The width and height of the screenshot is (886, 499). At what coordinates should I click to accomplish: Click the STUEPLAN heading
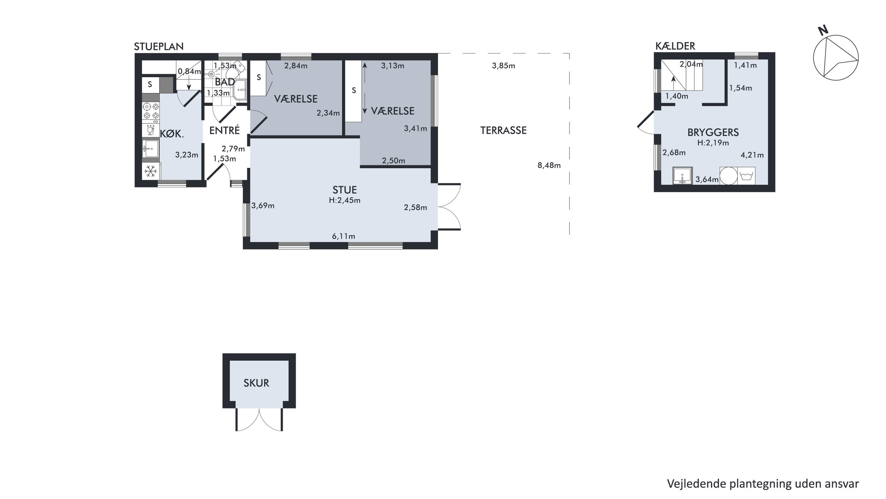point(159,46)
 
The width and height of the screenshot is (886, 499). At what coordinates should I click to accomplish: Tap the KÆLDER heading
point(675,46)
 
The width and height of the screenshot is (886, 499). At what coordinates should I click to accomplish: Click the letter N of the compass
point(823,31)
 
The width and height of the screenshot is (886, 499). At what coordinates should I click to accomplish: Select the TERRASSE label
point(504,130)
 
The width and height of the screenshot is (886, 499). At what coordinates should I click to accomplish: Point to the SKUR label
point(256,383)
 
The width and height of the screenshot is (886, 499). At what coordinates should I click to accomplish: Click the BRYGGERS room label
point(713,132)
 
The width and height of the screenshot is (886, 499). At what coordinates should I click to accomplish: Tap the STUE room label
point(345,190)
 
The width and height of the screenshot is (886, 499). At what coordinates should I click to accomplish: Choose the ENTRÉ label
point(224,130)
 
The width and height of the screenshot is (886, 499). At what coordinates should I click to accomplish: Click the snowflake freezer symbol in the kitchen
point(151,171)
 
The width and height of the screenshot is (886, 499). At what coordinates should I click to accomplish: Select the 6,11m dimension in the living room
point(343,236)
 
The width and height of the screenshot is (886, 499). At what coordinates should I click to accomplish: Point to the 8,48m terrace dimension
point(549,165)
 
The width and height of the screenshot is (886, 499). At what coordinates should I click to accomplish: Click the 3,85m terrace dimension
point(504,66)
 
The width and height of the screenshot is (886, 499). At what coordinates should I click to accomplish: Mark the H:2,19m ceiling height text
point(713,143)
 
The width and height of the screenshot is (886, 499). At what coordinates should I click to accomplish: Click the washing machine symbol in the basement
point(746,176)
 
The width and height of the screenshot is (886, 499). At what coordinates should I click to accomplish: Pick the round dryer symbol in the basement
point(729,176)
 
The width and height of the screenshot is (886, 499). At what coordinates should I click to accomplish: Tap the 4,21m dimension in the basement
point(752,155)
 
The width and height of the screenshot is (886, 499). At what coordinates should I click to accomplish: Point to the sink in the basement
point(683,176)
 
